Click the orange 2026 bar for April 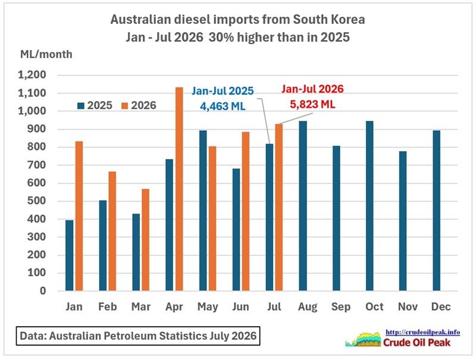click(x=179, y=189)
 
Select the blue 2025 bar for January click(x=70, y=255)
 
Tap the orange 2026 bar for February click(x=112, y=231)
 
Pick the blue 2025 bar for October click(x=369, y=206)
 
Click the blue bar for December click(x=436, y=211)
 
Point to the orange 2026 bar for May click(x=212, y=218)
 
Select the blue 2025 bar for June click(x=236, y=230)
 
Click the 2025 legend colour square click(x=81, y=106)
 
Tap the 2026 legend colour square click(x=124, y=106)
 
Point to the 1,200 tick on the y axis click(x=32, y=74)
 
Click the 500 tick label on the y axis click(x=36, y=201)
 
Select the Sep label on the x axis click(x=341, y=307)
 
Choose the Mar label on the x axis click(x=141, y=306)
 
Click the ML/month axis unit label click(x=46, y=54)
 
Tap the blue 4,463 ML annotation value click(x=223, y=107)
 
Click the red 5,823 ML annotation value click(x=313, y=104)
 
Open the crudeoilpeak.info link click(x=422, y=332)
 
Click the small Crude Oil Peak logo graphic click(x=364, y=339)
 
